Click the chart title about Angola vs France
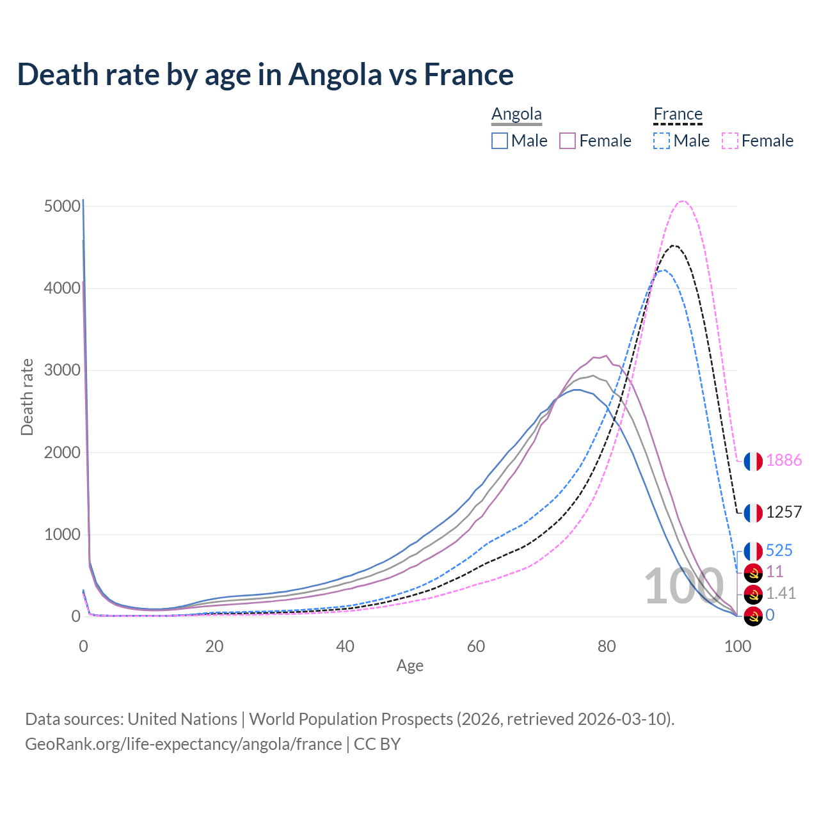pos(265,74)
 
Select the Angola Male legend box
pos(500,141)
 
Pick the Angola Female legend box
pos(568,141)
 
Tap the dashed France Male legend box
pos(662,141)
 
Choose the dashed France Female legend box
pos(730,141)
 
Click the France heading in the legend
pos(678,115)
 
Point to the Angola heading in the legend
pos(516,115)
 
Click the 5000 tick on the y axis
pos(63,207)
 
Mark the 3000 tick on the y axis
pos(63,370)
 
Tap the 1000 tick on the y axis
pos(63,535)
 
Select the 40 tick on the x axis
pos(345,646)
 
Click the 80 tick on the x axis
pos(607,646)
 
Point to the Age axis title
pos(409,666)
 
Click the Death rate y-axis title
pos(27,397)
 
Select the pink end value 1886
pos(784,461)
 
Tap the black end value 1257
pos(784,513)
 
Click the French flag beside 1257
pos(753,513)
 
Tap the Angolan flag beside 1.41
pos(753,594)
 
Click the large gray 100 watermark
pos(683,587)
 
